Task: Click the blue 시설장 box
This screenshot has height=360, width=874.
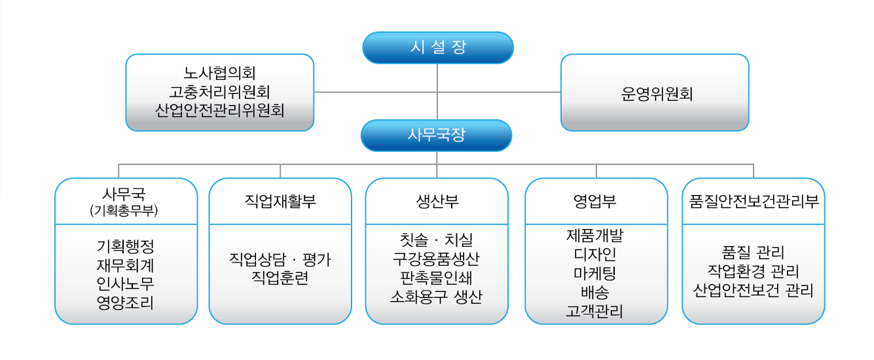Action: (438, 48)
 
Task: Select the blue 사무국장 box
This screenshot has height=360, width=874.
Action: (436, 135)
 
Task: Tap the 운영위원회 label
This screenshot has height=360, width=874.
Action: (657, 94)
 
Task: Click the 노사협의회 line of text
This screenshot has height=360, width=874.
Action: (220, 73)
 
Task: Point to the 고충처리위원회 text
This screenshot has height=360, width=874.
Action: (220, 92)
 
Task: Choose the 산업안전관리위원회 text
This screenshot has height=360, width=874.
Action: (220, 111)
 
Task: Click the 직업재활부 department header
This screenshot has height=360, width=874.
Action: (280, 201)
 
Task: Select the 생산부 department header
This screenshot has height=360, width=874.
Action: (437, 201)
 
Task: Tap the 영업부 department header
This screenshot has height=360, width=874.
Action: (594, 201)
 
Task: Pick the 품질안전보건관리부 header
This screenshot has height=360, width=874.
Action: (754, 201)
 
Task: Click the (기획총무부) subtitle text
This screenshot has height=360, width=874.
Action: (124, 211)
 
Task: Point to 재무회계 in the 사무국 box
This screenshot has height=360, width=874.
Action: (125, 265)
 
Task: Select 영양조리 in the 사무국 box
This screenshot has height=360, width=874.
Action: (125, 302)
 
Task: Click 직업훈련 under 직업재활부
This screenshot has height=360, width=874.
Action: (280, 278)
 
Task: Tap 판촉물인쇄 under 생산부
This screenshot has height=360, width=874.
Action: (436, 278)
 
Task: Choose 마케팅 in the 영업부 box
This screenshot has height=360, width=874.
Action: (594, 273)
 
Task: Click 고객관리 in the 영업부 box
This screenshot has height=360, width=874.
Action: (594, 311)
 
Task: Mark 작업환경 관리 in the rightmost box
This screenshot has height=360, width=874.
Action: (754, 271)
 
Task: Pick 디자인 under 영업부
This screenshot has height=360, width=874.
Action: (594, 255)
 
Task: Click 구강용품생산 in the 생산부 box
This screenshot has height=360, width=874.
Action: (436, 259)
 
